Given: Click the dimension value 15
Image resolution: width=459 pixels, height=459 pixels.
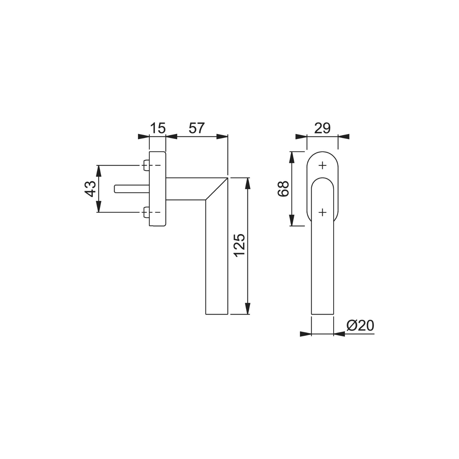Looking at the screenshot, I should pyautogui.click(x=158, y=128).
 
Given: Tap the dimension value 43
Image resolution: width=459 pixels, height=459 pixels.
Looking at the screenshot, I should pyautogui.click(x=91, y=189).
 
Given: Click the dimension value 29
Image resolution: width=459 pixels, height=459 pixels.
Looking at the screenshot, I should pyautogui.click(x=322, y=128).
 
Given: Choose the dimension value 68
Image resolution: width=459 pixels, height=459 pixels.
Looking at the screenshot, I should pyautogui.click(x=283, y=189).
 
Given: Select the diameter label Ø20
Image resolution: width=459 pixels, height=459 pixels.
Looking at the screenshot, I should pyautogui.click(x=360, y=326).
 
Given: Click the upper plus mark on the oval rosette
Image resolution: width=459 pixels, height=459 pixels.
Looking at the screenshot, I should pyautogui.click(x=322, y=165).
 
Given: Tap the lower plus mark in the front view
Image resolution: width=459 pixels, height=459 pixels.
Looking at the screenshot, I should pyautogui.click(x=322, y=212).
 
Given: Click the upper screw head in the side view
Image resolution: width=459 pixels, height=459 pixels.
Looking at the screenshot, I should pyautogui.click(x=146, y=165).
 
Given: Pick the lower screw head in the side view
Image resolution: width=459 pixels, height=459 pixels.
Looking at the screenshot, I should pyautogui.click(x=146, y=212).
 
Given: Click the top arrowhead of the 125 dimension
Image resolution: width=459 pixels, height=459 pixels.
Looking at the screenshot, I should pyautogui.click(x=248, y=183).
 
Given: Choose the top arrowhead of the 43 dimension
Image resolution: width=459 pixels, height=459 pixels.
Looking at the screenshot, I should pyautogui.click(x=98, y=171).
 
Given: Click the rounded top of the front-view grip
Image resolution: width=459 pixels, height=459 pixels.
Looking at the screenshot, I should pyautogui.click(x=322, y=180).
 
